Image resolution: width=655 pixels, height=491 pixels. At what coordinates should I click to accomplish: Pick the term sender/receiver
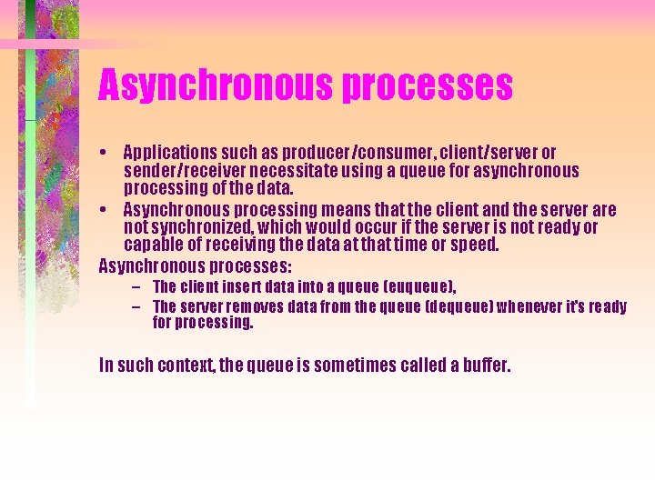pos(177,170)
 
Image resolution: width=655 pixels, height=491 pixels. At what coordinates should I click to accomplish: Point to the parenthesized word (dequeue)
pos(459,306)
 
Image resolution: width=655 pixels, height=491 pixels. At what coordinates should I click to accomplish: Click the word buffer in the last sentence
pos(488,366)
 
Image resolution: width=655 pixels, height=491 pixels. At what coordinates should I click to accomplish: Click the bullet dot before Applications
pos(106,153)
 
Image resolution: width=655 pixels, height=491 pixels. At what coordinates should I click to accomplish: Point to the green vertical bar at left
pos(30,227)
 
